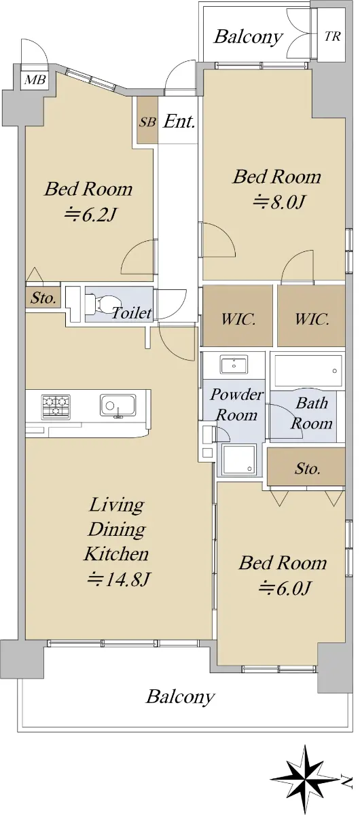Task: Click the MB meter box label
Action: point(35,79)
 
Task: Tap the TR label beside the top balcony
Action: point(332,37)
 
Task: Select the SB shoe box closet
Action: point(147,120)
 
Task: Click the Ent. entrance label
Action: point(179,122)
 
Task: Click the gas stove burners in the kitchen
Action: point(56,405)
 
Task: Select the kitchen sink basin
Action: point(118,405)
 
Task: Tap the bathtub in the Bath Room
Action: point(308,371)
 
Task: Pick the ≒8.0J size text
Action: point(278,202)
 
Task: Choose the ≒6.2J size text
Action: point(90,215)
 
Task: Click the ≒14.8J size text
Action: point(118,579)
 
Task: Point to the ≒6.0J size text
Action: point(284,587)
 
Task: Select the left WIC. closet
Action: point(238,315)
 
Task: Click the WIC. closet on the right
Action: point(311,315)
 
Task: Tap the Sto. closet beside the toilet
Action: point(43,298)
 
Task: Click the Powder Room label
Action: point(236,404)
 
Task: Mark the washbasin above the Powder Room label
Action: point(234,365)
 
